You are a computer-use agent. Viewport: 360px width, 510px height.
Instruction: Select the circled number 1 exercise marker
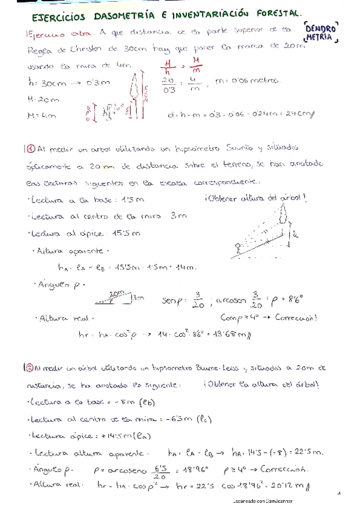pyautogui.click(x=30, y=148)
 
